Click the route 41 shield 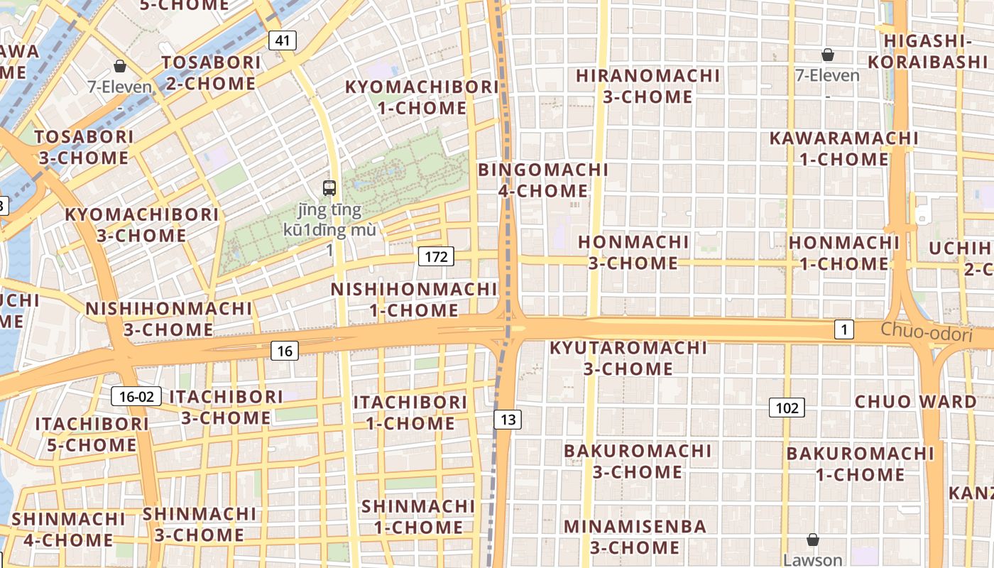pyautogui.click(x=283, y=40)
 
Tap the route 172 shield pyautogui.click(x=436, y=256)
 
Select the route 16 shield pyautogui.click(x=285, y=350)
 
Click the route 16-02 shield pyautogui.click(x=136, y=396)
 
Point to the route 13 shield pyautogui.click(x=508, y=420)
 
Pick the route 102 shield pyautogui.click(x=787, y=408)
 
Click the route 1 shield pyautogui.click(x=843, y=329)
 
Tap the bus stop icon pyautogui.click(x=329, y=188)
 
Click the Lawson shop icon pyautogui.click(x=813, y=540)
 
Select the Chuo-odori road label pyautogui.click(x=926, y=332)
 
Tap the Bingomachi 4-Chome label pyautogui.click(x=543, y=180)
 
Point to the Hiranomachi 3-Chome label pyautogui.click(x=648, y=86)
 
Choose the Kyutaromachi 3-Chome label pyautogui.click(x=628, y=358)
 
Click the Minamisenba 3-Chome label pyautogui.click(x=635, y=537)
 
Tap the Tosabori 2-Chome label pyautogui.click(x=212, y=73)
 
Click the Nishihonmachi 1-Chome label pyautogui.click(x=414, y=300)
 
